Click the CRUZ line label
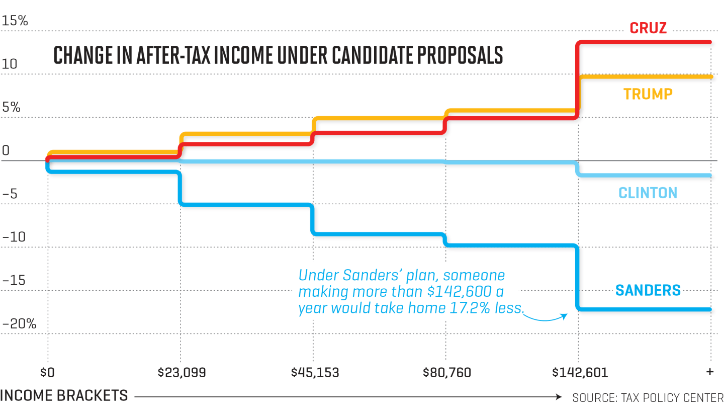648,28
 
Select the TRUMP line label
648,94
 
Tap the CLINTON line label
648,193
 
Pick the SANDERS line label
648,290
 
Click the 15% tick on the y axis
15,21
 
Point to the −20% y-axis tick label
19,324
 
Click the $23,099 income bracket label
182,373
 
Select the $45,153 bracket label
315,373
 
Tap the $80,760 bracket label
447,373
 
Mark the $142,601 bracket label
580,373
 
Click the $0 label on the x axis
48,373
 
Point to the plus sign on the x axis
710,372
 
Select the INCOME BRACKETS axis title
64,396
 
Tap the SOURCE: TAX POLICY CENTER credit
648,397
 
